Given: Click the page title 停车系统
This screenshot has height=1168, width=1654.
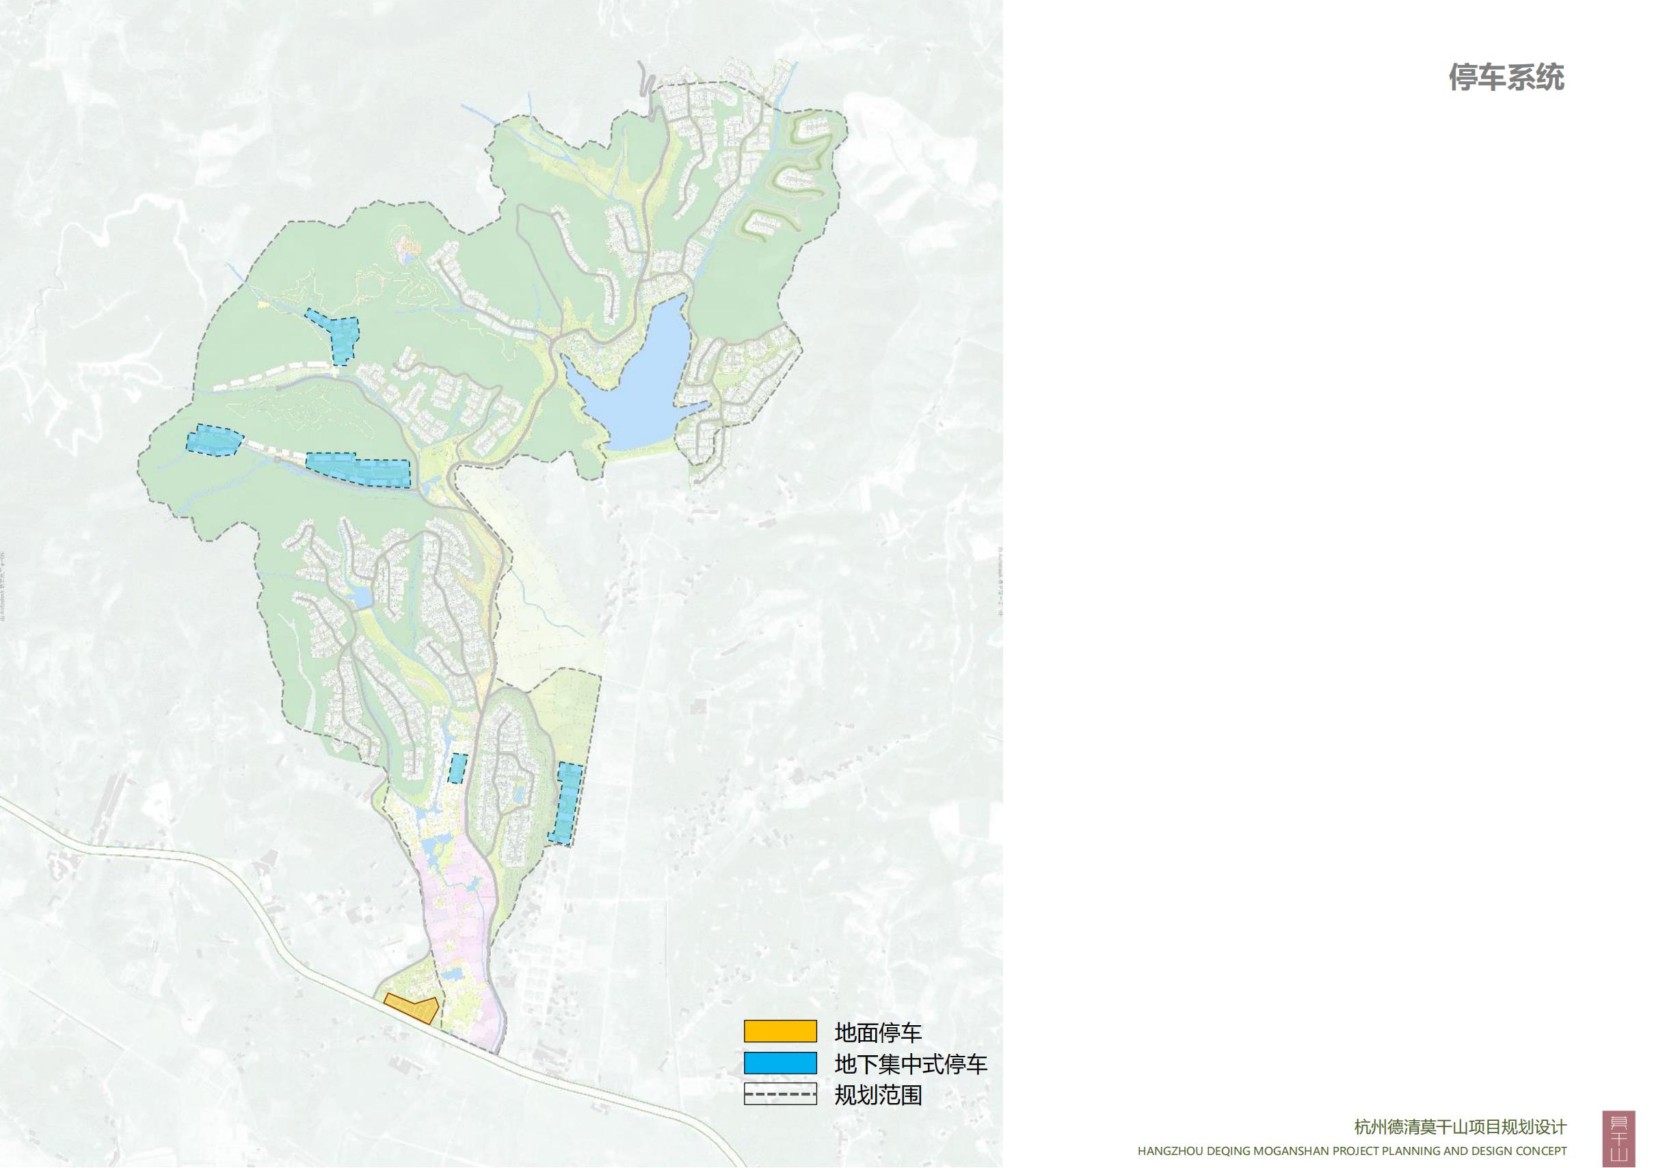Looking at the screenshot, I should [x=1506, y=77].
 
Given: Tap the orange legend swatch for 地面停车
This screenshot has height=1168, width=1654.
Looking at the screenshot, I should [x=780, y=1031].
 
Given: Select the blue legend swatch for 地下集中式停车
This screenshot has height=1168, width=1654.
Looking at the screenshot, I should [x=780, y=1063].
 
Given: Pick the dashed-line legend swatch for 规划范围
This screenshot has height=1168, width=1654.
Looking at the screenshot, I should [x=780, y=1095].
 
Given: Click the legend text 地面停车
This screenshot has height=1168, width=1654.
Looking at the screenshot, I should [x=877, y=1032].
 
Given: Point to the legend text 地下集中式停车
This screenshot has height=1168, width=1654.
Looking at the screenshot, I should [x=910, y=1063].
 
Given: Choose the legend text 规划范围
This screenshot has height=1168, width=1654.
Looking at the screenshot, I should [x=877, y=1096].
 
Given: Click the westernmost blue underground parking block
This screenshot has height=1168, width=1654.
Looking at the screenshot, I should [x=215, y=439].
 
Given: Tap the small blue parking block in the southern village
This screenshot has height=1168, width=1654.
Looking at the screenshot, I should [x=457, y=768].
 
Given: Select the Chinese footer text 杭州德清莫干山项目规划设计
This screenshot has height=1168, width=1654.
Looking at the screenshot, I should [x=1460, y=1127].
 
